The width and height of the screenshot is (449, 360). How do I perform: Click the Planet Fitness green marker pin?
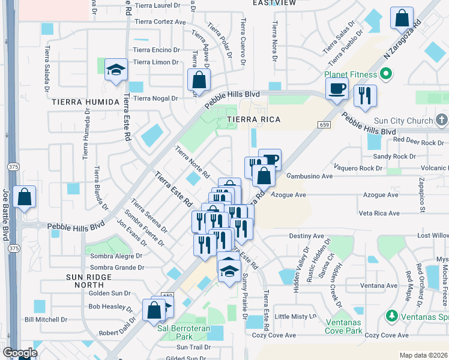pyautogui.click(x=385, y=74)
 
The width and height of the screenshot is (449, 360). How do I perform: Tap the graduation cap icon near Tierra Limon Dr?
pyautogui.click(x=116, y=70)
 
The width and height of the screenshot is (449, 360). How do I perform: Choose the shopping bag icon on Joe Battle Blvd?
pyautogui.click(x=24, y=197)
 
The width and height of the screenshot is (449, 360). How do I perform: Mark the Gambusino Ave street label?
pyautogui.click(x=309, y=176)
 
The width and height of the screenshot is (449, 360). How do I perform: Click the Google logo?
pyautogui.click(x=20, y=352)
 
